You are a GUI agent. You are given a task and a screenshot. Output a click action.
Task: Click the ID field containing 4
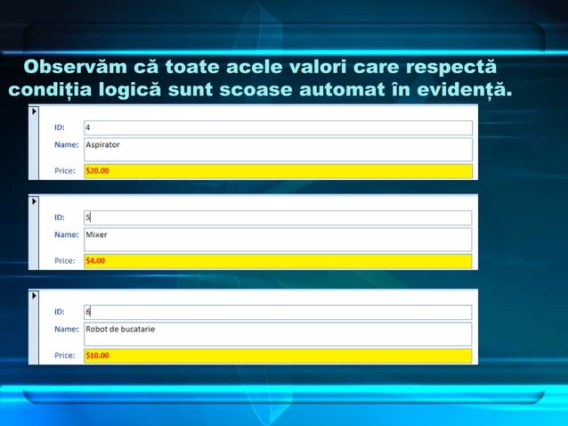[278, 127]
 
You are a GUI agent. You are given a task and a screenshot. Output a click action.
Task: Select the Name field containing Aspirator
[278, 148]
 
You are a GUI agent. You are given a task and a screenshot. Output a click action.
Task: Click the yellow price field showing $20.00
[278, 171]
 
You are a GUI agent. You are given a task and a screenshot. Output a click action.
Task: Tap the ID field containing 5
[278, 217]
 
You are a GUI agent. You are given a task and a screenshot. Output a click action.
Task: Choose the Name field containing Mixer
[278, 239]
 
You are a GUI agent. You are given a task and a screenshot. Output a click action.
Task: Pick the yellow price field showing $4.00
[278, 261]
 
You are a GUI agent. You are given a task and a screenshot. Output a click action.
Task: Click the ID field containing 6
[278, 312]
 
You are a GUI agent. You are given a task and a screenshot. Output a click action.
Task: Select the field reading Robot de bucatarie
[278, 333]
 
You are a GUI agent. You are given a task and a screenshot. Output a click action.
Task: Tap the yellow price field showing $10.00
[278, 356]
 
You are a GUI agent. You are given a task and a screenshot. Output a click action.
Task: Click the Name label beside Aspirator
[66, 143]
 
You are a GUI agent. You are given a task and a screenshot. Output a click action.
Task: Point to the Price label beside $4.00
[65, 261]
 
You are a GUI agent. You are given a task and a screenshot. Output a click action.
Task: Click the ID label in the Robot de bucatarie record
[60, 312]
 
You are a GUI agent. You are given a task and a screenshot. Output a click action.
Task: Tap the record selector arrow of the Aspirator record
[34, 111]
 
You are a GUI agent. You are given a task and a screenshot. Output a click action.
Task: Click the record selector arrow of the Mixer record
[34, 201]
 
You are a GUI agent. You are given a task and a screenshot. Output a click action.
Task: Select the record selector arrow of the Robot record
[34, 295]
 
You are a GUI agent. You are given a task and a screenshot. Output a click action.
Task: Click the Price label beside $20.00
[65, 171]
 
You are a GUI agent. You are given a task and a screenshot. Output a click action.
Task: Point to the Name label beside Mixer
[66, 235]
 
